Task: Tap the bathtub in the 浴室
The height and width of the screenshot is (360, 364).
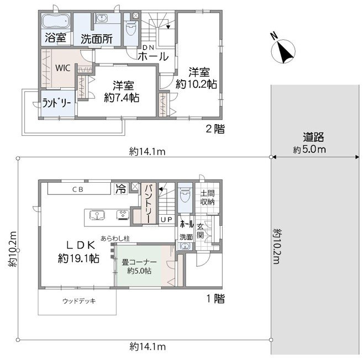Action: click(x=56, y=22)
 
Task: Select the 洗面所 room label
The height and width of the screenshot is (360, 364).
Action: click(x=97, y=39)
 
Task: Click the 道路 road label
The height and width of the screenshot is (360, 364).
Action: click(x=313, y=137)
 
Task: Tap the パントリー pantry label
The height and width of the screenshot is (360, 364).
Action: click(x=149, y=202)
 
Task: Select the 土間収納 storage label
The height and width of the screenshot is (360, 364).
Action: click(x=207, y=197)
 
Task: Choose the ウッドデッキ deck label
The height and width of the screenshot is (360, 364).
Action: click(x=79, y=301)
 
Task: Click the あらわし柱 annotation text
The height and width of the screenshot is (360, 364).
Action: click(x=115, y=239)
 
